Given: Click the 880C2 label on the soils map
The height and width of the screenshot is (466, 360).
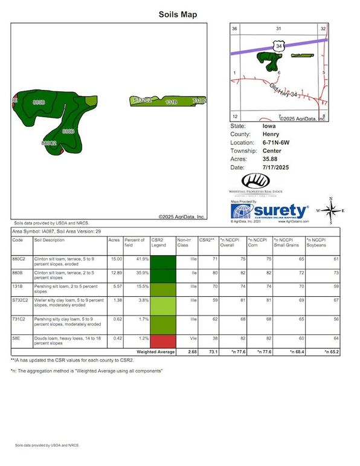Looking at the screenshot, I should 49,143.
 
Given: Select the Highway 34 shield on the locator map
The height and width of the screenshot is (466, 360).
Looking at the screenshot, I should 277,45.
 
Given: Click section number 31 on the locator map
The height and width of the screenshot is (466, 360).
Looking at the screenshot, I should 278,29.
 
